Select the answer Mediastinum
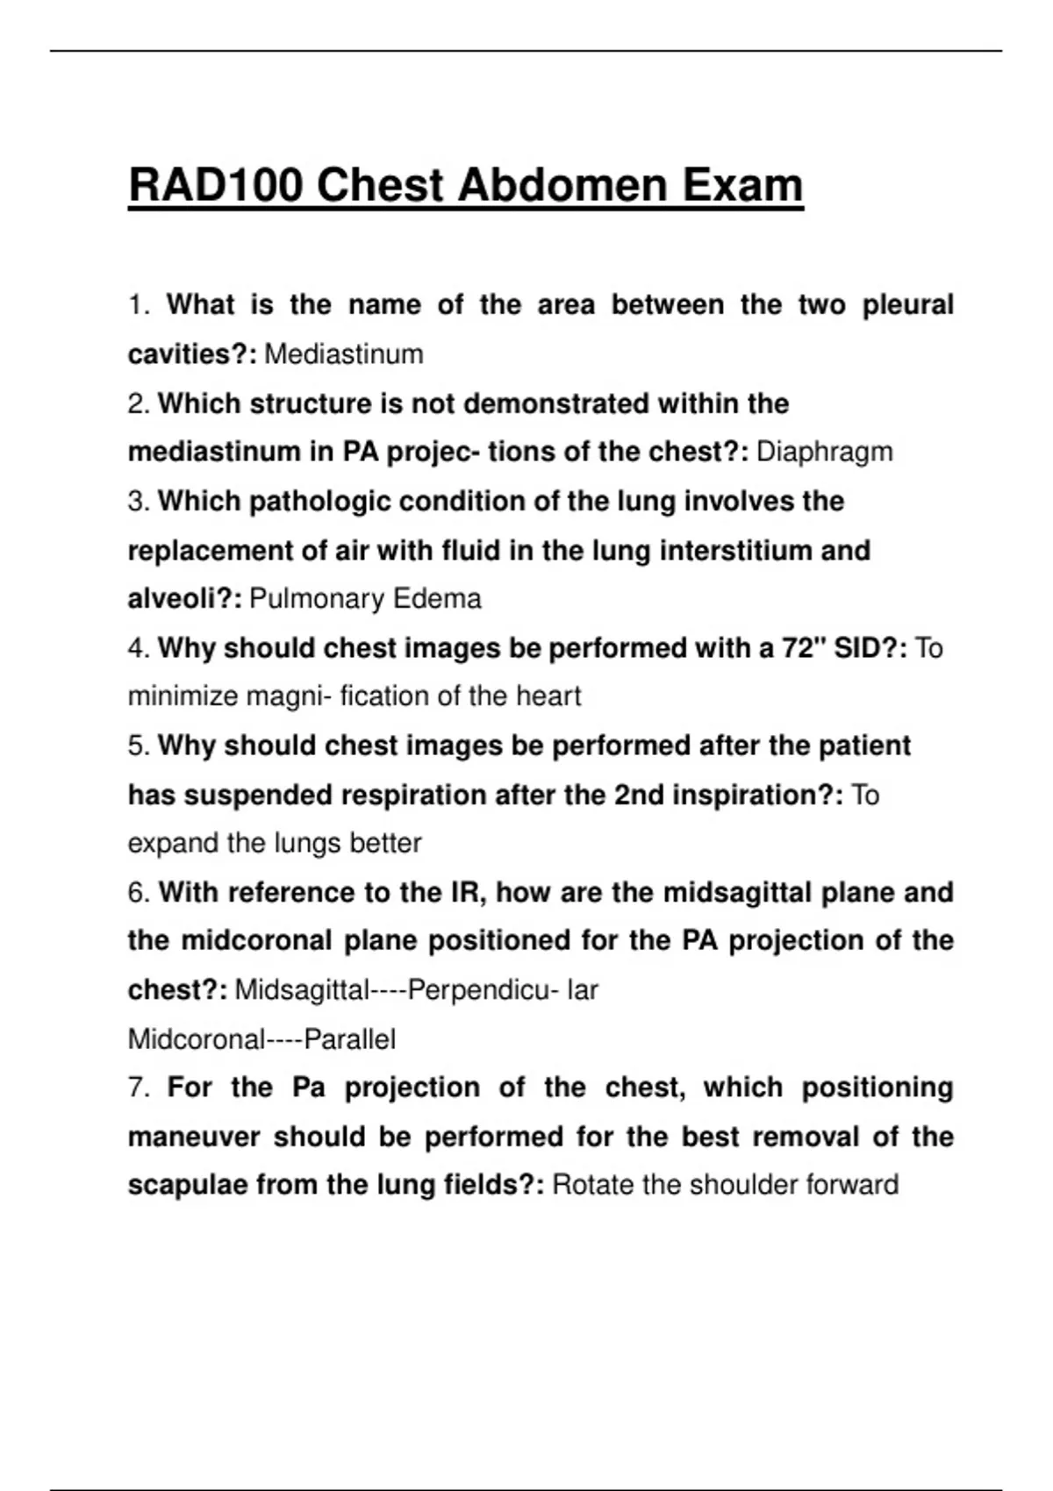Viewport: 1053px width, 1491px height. [343, 354]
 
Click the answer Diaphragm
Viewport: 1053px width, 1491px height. [824, 452]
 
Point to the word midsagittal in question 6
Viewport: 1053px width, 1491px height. [737, 892]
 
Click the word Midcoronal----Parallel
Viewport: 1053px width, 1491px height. [261, 1039]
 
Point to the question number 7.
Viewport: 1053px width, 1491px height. [139, 1088]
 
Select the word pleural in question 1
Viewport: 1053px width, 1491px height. [907, 305]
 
